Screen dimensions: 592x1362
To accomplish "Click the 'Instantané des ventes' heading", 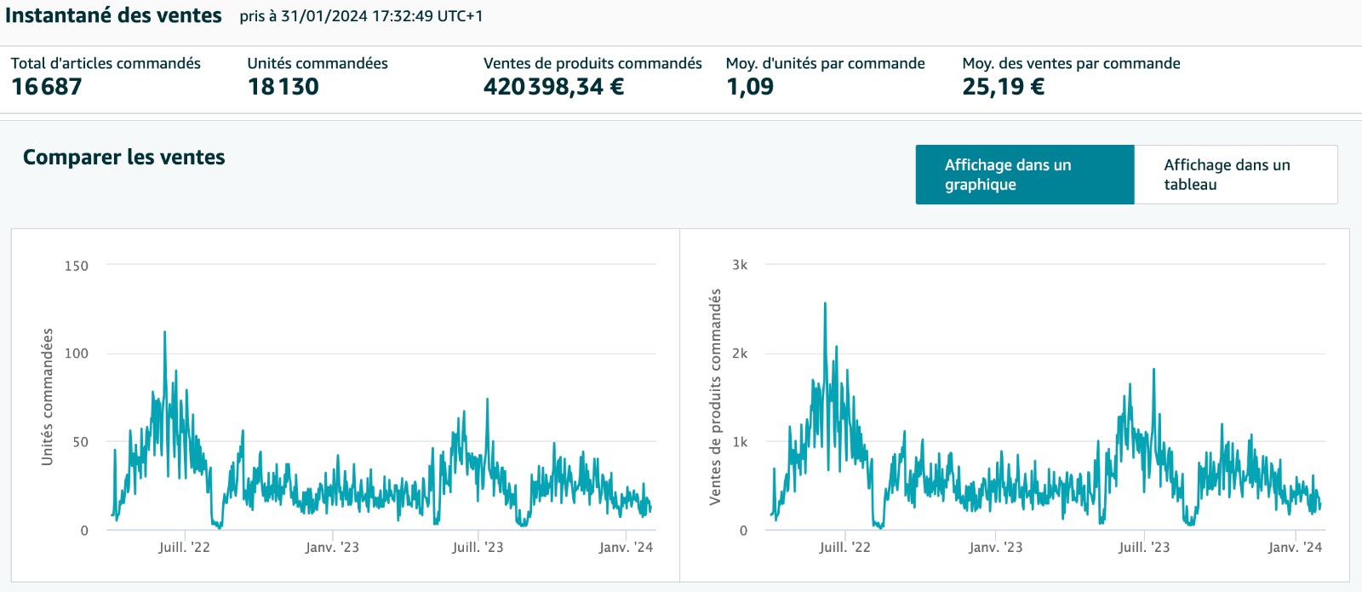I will point(113,15).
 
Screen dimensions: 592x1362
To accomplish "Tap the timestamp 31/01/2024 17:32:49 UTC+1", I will point(381,16).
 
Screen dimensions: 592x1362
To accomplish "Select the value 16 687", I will point(47,87).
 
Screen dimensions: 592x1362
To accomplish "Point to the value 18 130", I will point(283,87).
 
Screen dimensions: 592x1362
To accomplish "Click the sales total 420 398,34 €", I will point(553,87).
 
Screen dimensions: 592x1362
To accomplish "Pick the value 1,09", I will point(750,87).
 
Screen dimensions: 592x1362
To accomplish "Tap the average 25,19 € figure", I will point(1003,87).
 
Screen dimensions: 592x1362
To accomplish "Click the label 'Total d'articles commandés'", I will point(106,63).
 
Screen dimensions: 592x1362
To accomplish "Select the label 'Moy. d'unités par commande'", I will point(825,63).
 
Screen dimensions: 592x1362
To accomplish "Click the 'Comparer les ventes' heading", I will point(124,158).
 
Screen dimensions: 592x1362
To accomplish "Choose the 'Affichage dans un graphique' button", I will point(1024,175).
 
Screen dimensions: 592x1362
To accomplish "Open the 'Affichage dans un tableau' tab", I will point(1235,175).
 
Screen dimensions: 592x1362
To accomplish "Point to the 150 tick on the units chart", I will point(77,266).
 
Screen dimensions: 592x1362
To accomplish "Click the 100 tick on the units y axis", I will point(77,353).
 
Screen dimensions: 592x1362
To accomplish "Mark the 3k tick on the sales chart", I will point(740,265).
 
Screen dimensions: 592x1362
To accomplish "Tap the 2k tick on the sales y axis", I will point(740,353).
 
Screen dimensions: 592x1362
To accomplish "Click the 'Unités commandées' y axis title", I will point(48,397).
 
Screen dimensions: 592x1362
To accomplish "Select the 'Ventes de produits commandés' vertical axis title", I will point(716,397).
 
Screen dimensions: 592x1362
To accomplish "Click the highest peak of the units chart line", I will point(164,332).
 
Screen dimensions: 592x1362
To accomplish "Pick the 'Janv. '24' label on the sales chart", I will point(1295,548).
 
